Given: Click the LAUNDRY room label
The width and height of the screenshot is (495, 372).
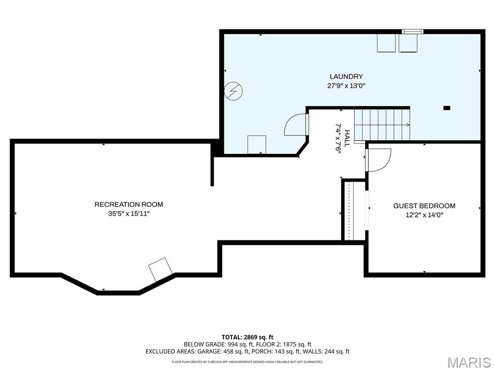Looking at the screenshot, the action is click(346, 76).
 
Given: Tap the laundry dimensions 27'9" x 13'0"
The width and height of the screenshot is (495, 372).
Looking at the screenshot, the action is click(346, 85).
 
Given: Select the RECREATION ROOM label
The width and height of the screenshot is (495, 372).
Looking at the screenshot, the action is click(129, 204).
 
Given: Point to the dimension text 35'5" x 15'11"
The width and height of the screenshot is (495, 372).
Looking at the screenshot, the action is click(129, 214).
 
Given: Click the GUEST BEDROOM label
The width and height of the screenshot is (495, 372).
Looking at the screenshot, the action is click(424, 206).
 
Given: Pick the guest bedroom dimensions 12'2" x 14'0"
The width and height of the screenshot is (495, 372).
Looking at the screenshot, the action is click(424, 215).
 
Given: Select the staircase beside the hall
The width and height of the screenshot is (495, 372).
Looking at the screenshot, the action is click(382, 124).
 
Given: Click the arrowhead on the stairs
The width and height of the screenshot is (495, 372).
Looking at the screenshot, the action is click(408, 124).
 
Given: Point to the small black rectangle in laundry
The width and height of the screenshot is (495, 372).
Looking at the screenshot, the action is click(446, 108).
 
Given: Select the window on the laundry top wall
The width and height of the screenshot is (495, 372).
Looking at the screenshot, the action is click(412, 31).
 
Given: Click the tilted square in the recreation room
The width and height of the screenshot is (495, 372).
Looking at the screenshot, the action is click(160, 269).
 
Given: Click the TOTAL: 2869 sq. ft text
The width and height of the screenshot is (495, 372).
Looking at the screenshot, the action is click(247, 337).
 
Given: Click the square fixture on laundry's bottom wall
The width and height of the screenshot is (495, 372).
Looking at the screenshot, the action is click(257, 145).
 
